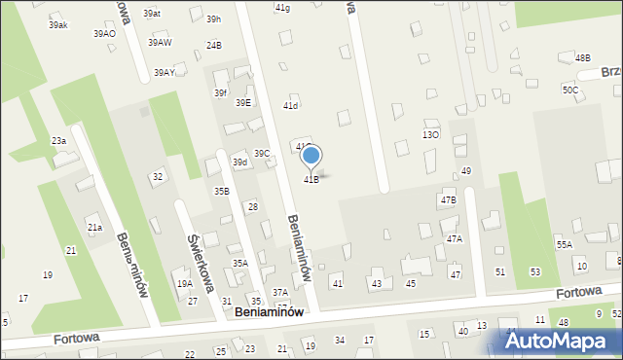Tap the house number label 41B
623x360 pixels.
coord(311,180)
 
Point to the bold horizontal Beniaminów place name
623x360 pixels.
coord(270,312)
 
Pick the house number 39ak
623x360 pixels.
coord(57,25)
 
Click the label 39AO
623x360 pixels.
coord(104,34)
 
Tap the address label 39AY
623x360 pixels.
coord(164,73)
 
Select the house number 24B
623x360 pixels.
coord(213,46)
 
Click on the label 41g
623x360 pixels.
coord(282,8)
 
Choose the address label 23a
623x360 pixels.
coord(58,141)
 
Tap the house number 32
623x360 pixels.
coord(157,176)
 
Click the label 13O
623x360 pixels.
coord(429,134)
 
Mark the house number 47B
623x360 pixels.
coord(448,199)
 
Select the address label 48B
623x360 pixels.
coord(582,58)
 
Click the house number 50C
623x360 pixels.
coord(569,90)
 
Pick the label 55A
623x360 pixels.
coord(565,245)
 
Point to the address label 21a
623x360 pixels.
coord(94,228)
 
